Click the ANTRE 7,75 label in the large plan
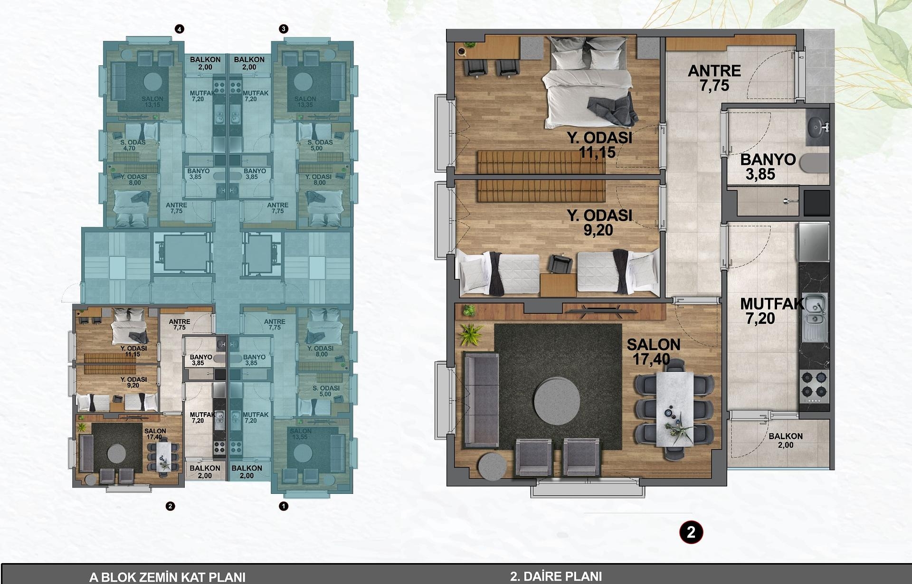pyautogui.click(x=714, y=78)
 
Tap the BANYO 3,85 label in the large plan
pyautogui.click(x=766, y=167)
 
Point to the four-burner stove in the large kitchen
pyautogui.click(x=814, y=385)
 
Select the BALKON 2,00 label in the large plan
pyautogui.click(x=785, y=440)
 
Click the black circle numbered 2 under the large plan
pyautogui.click(x=691, y=532)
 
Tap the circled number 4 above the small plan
pyautogui.click(x=179, y=29)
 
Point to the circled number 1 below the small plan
pyautogui.click(x=284, y=506)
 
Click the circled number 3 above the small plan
pyautogui.click(x=284, y=29)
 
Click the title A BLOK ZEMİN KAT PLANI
pyautogui.click(x=167, y=577)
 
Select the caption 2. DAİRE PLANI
pyautogui.click(x=556, y=576)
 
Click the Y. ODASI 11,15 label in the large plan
pyautogui.click(x=598, y=145)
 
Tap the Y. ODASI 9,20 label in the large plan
pyautogui.click(x=598, y=223)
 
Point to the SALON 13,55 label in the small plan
pyautogui.click(x=300, y=434)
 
